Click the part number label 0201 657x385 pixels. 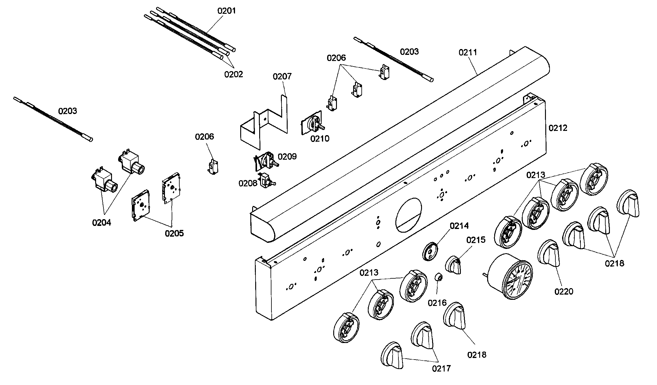pyautogui.click(x=226, y=11)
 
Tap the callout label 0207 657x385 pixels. pyautogui.click(x=282, y=76)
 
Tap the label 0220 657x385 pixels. pyautogui.click(x=564, y=291)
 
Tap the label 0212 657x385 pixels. pyautogui.click(x=558, y=128)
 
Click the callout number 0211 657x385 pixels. pyautogui.click(x=468, y=52)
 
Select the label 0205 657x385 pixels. pyautogui.click(x=174, y=234)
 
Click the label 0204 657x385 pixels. pyautogui.click(x=102, y=223)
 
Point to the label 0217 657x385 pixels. pyautogui.click(x=441, y=368)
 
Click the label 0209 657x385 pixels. pyautogui.click(x=287, y=157)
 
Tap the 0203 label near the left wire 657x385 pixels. pyautogui.click(x=68, y=111)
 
